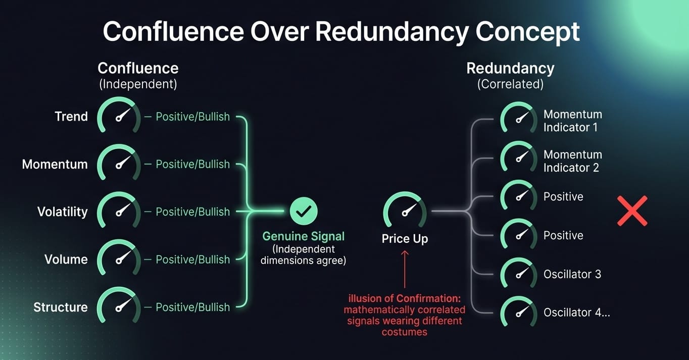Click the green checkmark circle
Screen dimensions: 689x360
click(x=303, y=211)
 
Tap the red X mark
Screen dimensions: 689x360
click(x=632, y=211)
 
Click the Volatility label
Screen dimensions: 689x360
click(x=63, y=212)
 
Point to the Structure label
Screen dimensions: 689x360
click(x=61, y=307)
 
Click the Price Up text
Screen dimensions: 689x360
click(x=405, y=239)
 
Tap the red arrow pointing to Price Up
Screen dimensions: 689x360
click(x=405, y=269)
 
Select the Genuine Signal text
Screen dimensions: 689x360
click(x=303, y=236)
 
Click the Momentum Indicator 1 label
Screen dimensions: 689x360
click(x=572, y=121)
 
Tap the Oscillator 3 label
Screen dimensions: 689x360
click(x=572, y=274)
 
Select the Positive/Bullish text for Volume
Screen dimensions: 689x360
click(x=193, y=260)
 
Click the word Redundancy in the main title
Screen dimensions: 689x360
click(x=392, y=32)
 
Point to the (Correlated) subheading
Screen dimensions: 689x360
click(x=510, y=84)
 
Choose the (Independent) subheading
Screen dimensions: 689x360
click(x=138, y=84)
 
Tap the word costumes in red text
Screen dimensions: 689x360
click(x=405, y=332)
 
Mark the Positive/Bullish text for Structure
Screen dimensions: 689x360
click(x=193, y=307)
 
